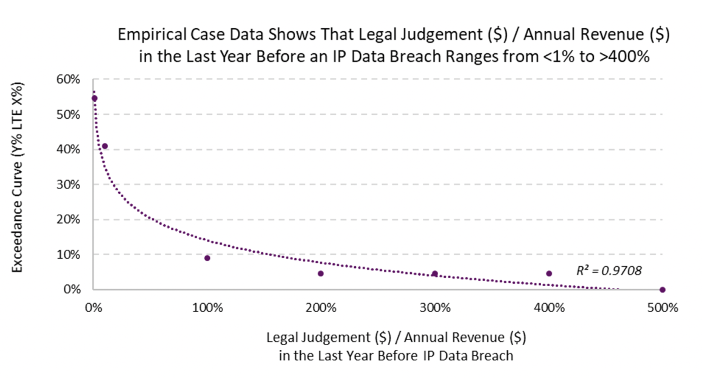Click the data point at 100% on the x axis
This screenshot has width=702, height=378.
coord(207,258)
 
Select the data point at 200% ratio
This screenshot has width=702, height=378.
coord(321,273)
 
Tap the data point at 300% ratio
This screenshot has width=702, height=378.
coord(435,273)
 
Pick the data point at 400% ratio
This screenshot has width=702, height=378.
coord(549,273)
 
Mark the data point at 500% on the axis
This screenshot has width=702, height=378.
coord(662,290)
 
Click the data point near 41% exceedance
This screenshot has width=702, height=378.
coord(105,146)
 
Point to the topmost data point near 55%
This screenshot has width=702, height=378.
coord(94,98)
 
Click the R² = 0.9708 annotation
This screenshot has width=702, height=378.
coord(609,271)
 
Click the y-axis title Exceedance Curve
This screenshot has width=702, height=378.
coord(18,184)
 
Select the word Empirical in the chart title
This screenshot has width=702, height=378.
coord(147,35)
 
